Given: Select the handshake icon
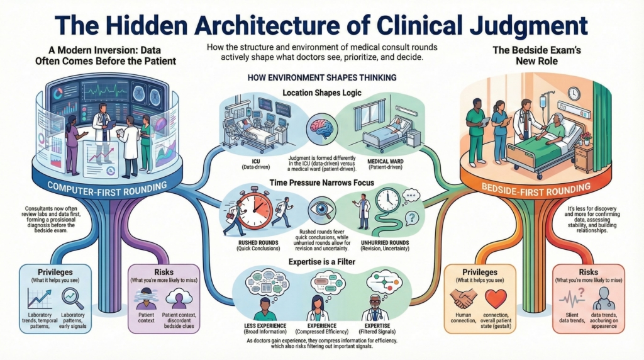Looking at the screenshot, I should point(465,296).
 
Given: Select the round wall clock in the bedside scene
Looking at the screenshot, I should point(573,93).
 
